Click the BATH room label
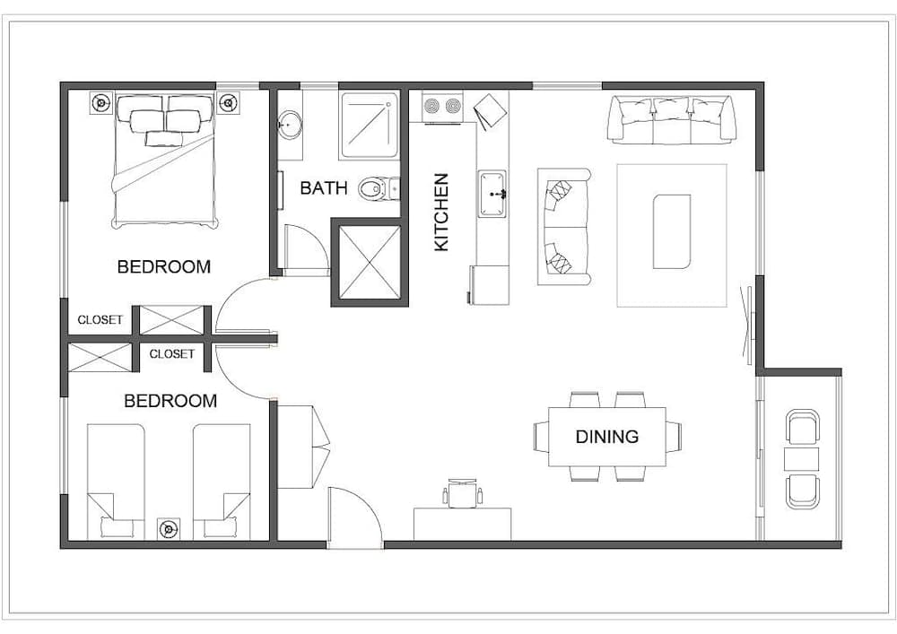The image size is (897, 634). click(x=324, y=188)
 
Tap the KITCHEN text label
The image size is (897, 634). click(x=441, y=212)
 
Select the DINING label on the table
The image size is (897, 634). click(x=607, y=437)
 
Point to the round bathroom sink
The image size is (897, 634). click(x=290, y=125)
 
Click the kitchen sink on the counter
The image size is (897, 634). click(x=492, y=194)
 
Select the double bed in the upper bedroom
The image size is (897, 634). click(x=164, y=161)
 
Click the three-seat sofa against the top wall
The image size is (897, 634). click(x=672, y=119)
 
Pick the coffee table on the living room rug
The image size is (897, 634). click(x=671, y=231)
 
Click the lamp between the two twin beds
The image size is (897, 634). click(x=168, y=528)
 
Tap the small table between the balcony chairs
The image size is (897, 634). click(x=801, y=459)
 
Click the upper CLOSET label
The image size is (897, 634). click(x=100, y=320)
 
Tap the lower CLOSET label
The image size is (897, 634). click(x=171, y=354)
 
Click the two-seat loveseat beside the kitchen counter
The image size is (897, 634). click(x=563, y=226)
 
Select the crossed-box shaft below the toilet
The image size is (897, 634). click(x=369, y=261)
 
